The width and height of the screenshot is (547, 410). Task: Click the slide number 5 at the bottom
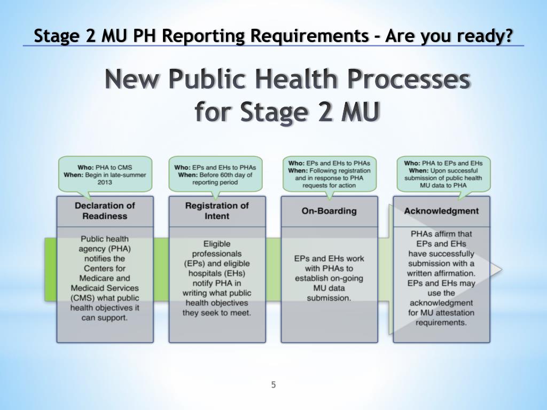(x=273, y=385)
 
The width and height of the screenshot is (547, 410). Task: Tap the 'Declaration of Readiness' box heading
(x=105, y=211)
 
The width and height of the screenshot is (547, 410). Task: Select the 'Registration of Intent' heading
(x=217, y=211)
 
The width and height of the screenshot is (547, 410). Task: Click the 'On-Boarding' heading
(x=329, y=211)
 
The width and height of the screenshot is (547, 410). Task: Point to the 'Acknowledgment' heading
(x=441, y=211)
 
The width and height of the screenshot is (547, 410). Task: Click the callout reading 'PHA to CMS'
(x=105, y=175)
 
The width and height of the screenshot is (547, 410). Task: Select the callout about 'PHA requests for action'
(x=329, y=175)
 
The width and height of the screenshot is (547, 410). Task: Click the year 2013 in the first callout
(x=105, y=182)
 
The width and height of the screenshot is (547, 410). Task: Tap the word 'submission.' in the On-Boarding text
(x=329, y=298)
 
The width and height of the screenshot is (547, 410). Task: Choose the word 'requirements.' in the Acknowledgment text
(x=441, y=322)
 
